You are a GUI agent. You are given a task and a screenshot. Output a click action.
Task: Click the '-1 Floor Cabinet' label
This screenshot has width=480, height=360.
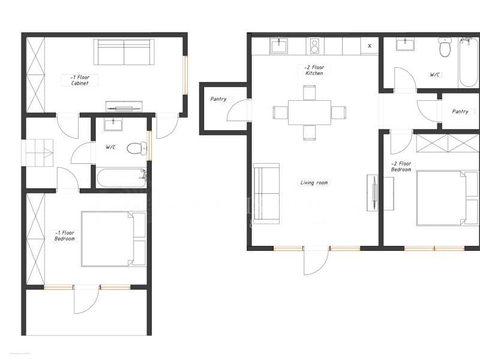(79, 80)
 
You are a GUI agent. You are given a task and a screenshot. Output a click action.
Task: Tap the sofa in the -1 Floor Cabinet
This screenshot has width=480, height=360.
(124, 52)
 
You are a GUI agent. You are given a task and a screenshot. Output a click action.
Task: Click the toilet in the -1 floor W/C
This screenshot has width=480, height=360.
(136, 148)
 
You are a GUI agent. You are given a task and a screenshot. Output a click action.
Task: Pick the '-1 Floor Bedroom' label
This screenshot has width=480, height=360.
(64, 236)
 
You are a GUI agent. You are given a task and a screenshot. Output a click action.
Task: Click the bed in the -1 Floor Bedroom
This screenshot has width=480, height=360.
(113, 239)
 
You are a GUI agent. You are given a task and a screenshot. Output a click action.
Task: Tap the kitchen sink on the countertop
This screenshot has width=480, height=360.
(278, 46)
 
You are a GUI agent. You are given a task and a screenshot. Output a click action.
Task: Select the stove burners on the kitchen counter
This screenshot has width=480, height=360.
(314, 46)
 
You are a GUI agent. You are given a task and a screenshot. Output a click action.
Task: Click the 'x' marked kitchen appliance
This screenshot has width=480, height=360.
(369, 46)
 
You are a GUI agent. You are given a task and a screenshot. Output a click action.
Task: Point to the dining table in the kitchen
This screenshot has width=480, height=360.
(309, 112)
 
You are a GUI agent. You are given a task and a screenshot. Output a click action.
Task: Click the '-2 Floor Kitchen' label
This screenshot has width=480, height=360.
(313, 70)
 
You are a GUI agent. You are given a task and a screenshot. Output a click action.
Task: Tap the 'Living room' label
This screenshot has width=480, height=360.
(314, 182)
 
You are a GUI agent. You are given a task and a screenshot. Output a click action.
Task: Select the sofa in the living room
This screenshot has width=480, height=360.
(266, 193)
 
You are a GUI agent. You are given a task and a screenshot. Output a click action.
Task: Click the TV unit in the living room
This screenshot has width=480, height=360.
(373, 193)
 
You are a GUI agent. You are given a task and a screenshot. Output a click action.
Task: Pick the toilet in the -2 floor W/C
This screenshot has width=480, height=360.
(445, 47)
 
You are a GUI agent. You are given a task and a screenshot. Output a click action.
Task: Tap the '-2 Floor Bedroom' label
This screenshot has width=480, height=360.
(401, 166)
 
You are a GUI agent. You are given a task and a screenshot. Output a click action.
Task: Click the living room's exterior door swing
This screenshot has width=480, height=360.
(315, 261)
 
